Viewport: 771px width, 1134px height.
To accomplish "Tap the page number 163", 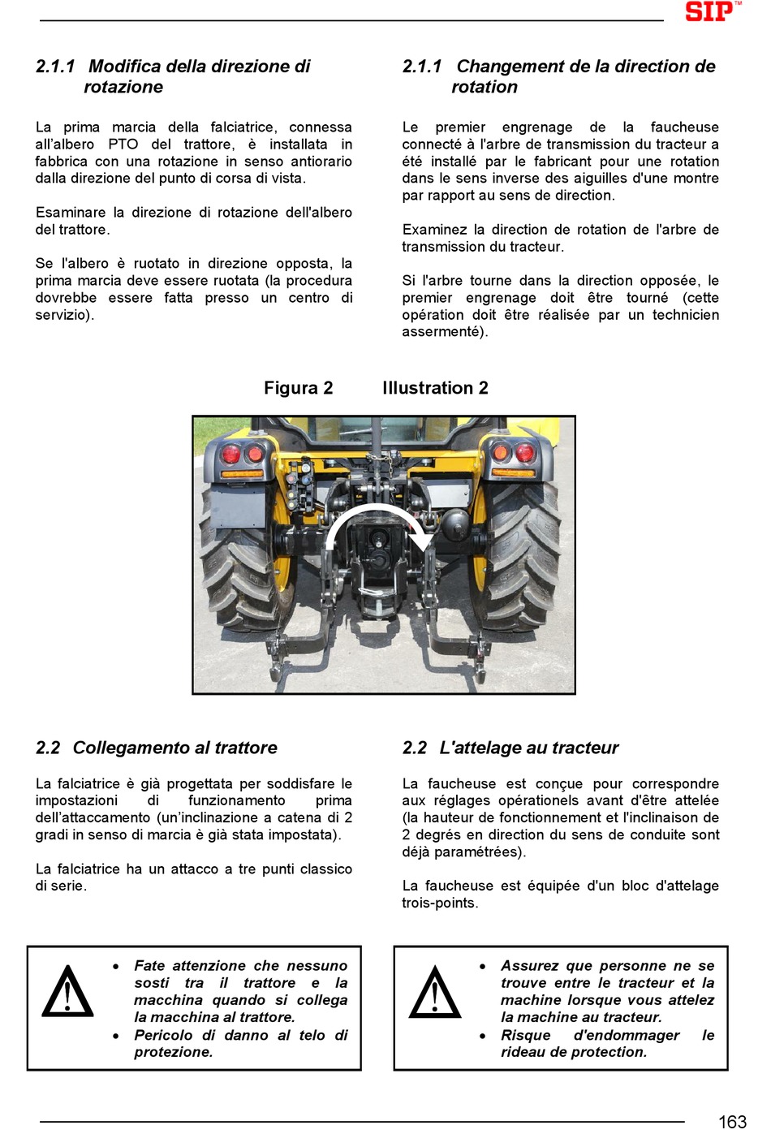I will tap(731, 1121).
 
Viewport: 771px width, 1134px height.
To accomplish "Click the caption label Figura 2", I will tap(298, 388).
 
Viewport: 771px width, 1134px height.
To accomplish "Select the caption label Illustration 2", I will tap(435, 388).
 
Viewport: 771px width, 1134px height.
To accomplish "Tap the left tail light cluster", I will tap(243, 453).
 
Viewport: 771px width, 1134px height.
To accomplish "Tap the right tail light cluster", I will tap(512, 453).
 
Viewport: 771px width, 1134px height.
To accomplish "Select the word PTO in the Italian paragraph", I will tap(123, 144).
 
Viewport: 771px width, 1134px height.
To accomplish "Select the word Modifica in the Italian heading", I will tap(123, 67).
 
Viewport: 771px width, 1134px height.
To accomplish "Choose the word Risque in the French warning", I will tap(525, 1035).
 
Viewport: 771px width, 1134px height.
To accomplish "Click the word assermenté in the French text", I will tap(442, 332).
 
